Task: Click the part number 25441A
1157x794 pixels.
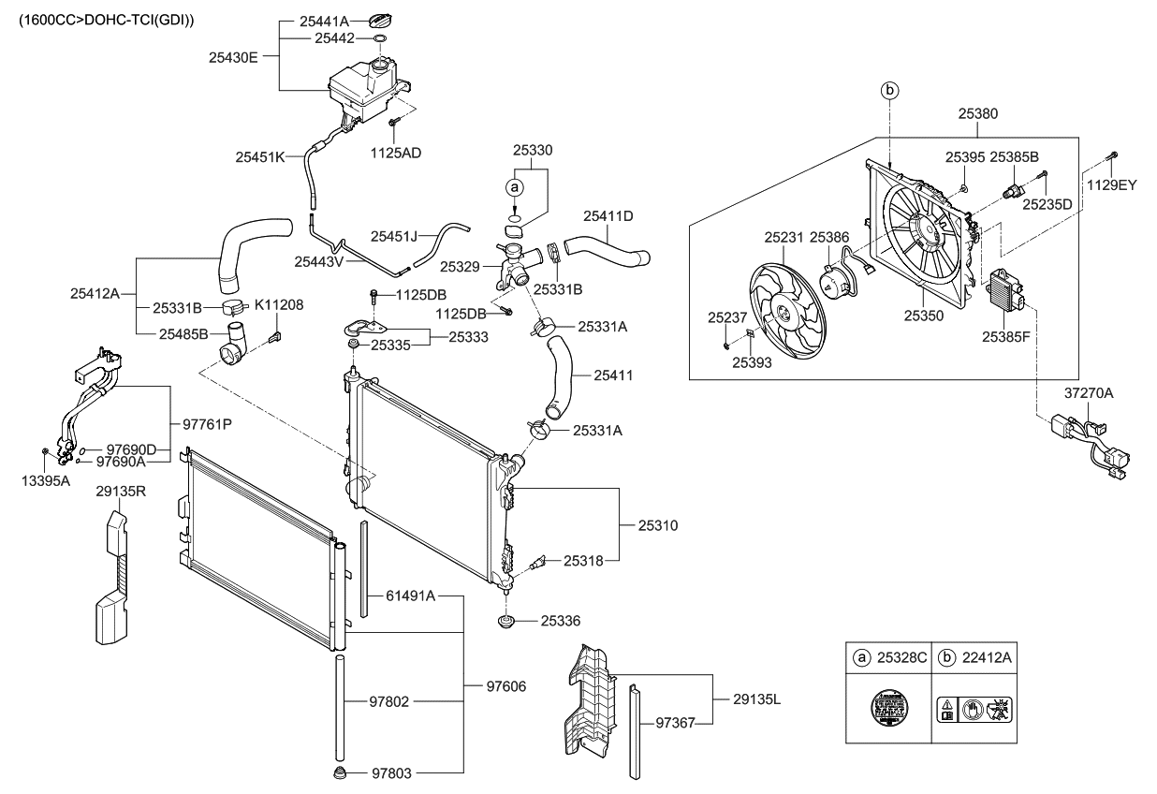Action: coord(324,21)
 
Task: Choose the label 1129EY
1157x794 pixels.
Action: coord(1111,185)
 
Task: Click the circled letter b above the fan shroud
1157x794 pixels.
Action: coord(889,90)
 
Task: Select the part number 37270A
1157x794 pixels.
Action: coord(1088,394)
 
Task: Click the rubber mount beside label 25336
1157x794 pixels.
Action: coord(508,622)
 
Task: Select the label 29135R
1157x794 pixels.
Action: coord(121,489)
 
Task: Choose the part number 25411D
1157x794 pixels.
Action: coord(608,215)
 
